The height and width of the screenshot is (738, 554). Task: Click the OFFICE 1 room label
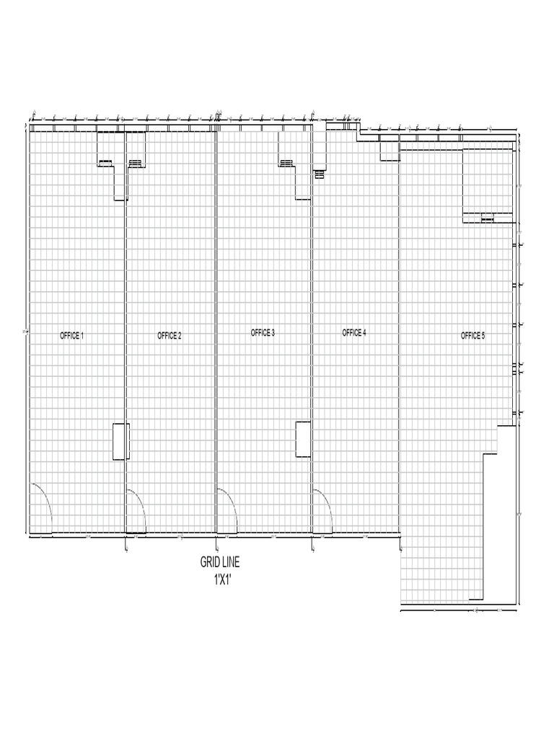point(72,336)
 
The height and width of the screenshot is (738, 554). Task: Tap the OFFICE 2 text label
point(170,336)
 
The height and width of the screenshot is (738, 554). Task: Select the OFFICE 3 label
point(263,333)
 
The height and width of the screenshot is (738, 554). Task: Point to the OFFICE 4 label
point(354,333)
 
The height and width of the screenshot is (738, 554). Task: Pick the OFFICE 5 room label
point(473,336)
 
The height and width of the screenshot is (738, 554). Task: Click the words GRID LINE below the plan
point(220,562)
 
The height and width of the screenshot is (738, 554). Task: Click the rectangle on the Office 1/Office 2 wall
point(120,441)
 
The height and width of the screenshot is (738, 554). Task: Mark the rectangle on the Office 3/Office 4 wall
point(304,438)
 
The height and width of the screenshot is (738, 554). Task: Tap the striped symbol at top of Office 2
point(136,164)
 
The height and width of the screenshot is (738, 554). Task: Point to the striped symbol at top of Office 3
point(286,164)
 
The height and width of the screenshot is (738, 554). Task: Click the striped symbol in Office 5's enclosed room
point(488,218)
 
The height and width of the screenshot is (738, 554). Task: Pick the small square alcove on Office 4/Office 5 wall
point(390,149)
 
